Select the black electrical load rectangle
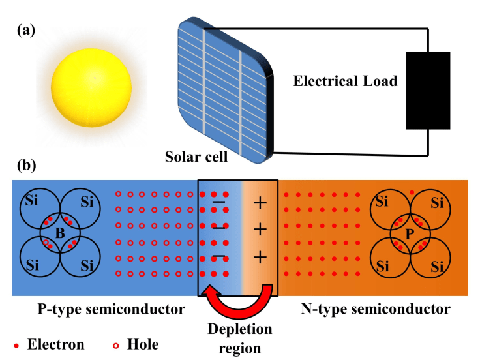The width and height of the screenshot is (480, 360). tap(428, 90)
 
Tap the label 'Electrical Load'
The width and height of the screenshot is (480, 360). tap(345, 82)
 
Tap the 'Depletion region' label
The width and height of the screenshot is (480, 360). tap(240, 338)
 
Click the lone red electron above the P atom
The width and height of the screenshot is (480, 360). tap(412, 192)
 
